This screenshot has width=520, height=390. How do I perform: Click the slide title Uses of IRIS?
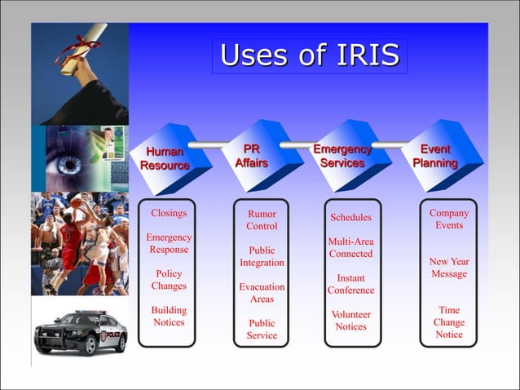pos(310,55)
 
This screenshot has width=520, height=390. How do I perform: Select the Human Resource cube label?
pos(165,158)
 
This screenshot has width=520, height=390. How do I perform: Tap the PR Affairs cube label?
pos(252,156)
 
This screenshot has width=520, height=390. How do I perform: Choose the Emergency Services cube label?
pos(342,156)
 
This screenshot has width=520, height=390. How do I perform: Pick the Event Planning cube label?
pos(434,156)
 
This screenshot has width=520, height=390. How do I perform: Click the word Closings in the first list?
pos(169,213)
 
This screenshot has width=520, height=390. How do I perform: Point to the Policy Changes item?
pos(169,280)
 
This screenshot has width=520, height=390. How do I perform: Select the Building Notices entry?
pos(169,316)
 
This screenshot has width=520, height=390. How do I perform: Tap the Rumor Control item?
pos(262,219)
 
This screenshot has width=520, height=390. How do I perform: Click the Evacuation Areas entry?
pos(262,293)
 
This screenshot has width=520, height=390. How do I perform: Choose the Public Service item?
pos(262,329)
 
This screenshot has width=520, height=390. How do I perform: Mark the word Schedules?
pos(350,217)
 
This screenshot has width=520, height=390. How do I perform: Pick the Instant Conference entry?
pos(350,284)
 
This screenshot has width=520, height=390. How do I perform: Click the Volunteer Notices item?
pos(350,320)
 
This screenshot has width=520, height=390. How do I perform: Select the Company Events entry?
pos(449,219)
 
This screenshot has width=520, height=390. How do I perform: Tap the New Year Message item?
pos(449,268)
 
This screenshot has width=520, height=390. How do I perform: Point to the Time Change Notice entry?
pos(449,322)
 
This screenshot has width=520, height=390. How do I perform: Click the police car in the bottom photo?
pos(80,332)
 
